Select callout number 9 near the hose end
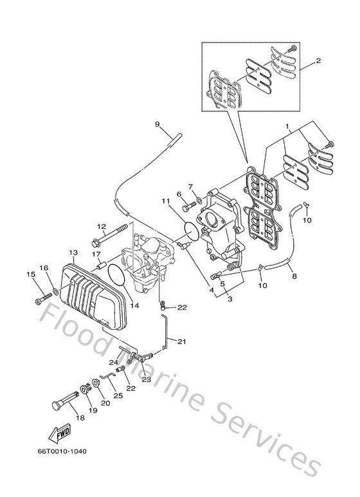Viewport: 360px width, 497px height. [156, 123]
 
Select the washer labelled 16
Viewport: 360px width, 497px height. [57, 293]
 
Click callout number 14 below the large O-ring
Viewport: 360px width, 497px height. [135, 306]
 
